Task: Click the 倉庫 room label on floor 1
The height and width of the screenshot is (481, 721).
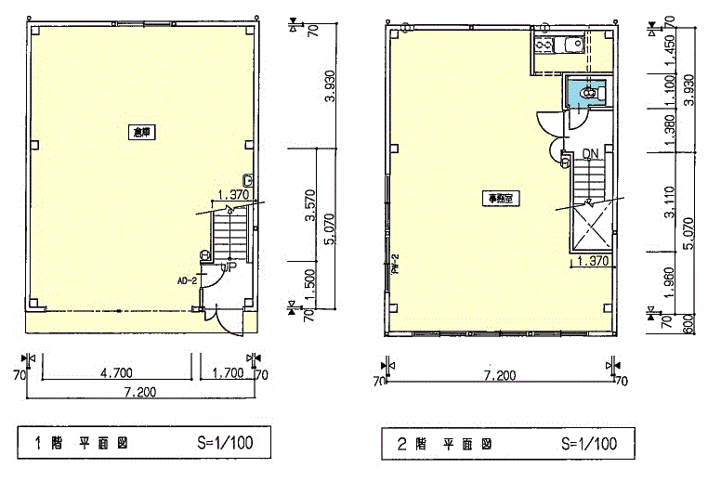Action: coord(141,133)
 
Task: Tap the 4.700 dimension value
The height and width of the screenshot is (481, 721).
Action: coord(116,373)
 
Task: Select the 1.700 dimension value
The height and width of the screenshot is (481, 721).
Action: coord(227,373)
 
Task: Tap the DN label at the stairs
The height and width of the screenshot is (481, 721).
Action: coord(590,154)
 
